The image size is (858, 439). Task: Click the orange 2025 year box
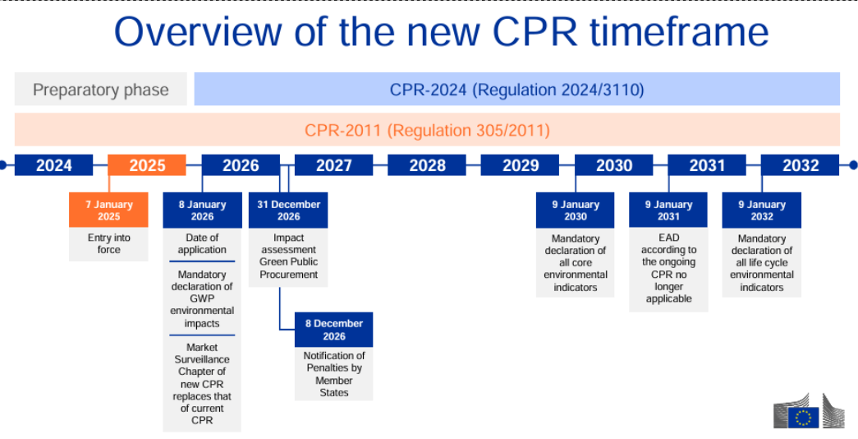click(147, 165)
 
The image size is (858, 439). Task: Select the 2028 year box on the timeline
click(427, 165)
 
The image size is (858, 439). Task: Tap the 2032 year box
click(800, 165)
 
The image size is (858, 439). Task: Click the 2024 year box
click(54, 165)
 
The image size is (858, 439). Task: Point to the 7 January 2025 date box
click(108, 210)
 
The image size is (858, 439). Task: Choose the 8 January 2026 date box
click(202, 210)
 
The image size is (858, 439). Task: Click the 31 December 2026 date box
click(288, 210)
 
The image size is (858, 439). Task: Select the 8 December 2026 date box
click(333, 330)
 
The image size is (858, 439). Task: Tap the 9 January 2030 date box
click(575, 210)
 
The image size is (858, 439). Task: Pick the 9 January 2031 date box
click(668, 210)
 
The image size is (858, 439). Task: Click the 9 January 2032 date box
click(761, 210)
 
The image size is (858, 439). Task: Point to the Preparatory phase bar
click(100, 90)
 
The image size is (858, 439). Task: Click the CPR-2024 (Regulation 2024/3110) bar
click(516, 90)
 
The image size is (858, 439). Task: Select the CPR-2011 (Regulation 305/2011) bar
click(427, 130)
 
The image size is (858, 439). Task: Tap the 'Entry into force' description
click(108, 243)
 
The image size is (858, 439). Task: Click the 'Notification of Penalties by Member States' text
click(333, 374)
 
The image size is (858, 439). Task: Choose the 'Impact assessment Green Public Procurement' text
click(288, 256)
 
